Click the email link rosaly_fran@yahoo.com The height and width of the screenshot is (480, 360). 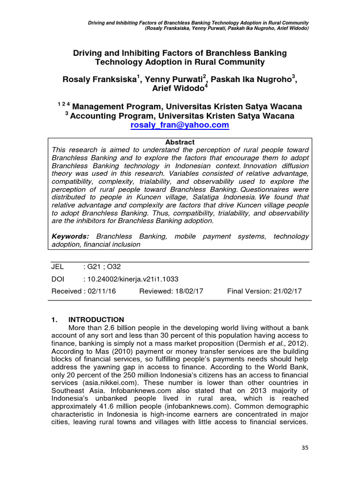180,125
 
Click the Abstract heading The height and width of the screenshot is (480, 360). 180,142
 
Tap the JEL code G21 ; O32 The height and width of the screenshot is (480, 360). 102,267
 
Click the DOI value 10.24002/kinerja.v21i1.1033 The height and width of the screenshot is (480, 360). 131,278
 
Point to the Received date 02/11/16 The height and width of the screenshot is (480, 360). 101,291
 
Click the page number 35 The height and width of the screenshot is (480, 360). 305,448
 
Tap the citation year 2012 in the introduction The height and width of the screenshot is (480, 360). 299,344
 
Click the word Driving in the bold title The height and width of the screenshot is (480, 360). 86,53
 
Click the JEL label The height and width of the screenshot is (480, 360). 57,267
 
